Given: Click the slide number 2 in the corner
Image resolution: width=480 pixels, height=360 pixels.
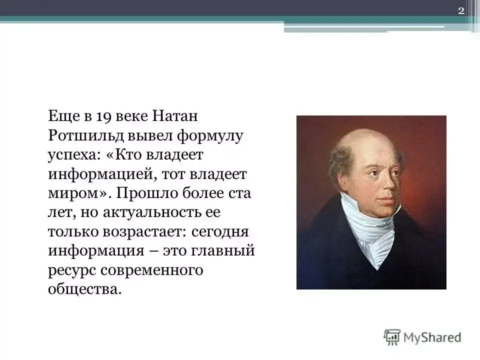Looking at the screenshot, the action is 461,11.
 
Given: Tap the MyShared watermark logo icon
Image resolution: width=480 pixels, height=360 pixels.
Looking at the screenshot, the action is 392,337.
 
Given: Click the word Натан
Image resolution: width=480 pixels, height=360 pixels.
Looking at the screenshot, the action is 175,116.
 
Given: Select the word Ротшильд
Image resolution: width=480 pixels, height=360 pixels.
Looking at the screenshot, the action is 85,135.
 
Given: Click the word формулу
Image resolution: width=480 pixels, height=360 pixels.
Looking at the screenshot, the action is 210,136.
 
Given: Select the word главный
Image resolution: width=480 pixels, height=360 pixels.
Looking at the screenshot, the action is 223,251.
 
